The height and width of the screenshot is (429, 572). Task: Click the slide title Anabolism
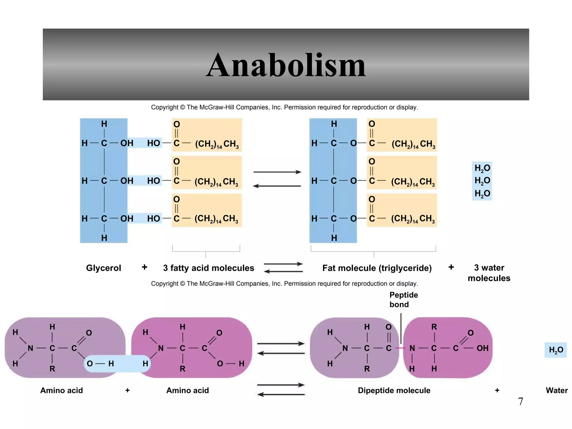[286, 65]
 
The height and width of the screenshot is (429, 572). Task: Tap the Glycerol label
[103, 268]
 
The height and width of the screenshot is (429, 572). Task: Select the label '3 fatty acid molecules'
[208, 268]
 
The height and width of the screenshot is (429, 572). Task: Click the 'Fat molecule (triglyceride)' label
[377, 268]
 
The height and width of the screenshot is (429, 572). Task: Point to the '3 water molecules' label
[489, 273]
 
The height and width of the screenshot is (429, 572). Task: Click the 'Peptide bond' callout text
[403, 300]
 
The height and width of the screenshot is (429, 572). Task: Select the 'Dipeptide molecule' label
[394, 390]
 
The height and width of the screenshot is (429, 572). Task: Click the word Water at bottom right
[556, 390]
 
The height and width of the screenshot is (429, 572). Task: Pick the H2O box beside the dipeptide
[556, 350]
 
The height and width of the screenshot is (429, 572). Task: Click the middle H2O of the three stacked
[482, 181]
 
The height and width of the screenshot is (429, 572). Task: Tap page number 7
[520, 401]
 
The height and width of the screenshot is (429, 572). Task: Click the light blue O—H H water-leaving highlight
[117, 363]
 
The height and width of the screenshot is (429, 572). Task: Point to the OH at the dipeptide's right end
[482, 348]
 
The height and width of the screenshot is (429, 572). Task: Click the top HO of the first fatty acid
[153, 143]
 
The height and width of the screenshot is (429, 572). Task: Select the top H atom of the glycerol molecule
[104, 124]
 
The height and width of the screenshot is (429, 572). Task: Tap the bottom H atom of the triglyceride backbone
[334, 238]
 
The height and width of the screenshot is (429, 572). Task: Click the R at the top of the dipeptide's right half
[434, 327]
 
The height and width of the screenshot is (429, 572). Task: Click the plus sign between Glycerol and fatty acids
[144, 267]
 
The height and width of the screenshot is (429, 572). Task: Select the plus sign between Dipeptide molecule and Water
[497, 390]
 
